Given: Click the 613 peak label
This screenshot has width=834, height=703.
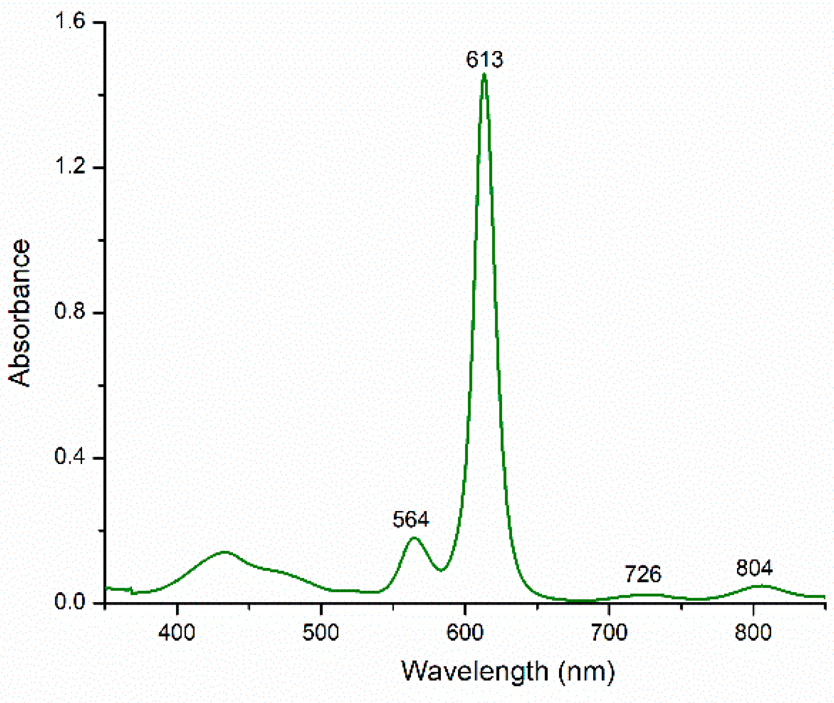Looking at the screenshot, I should coord(484,59).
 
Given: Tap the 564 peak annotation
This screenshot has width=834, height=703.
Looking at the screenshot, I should coord(411,519).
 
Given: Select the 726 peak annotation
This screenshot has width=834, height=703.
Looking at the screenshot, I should coord(643,574).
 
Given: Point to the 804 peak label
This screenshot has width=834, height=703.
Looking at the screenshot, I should coord(754,568).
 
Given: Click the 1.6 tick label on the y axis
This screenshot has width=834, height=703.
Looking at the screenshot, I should coord(70,22).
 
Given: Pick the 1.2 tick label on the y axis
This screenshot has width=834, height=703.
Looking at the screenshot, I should coord(70,167).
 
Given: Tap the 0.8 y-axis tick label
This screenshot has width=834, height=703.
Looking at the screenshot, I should coord(70,312).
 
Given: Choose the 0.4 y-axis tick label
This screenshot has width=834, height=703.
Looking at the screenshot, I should coord(70,457).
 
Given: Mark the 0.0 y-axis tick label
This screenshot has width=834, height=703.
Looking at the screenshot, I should coord(70,602).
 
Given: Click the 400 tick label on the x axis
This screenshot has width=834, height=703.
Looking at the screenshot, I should coord(177,633).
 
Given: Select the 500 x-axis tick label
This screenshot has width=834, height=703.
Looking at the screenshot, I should coord(321,633).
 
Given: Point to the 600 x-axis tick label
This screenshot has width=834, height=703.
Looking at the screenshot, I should coord(465,633).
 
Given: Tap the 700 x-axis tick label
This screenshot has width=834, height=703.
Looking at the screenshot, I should coord(609,633).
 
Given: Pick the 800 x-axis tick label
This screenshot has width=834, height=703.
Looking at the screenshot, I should coord(753,633).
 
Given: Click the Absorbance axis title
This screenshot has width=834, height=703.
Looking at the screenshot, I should coord(20,312).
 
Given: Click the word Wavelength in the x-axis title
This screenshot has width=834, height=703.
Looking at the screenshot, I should coord(474,671).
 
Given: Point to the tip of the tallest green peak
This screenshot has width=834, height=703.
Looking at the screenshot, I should coord(484,75).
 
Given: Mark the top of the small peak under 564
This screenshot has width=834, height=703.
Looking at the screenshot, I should coord(414,538).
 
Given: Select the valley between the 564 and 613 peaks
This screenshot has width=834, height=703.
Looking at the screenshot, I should coord(441,570).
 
